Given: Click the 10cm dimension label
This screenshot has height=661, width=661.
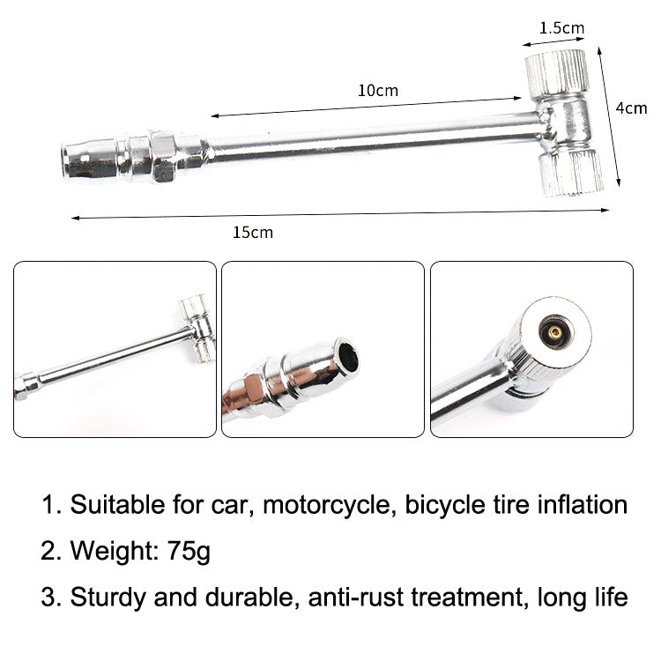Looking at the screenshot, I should click(377, 91).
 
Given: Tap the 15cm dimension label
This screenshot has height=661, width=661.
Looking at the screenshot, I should click(253, 233).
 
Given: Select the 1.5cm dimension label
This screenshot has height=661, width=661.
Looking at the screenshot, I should click(561, 28).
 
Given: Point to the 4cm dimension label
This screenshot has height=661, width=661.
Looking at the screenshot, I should click(631, 108).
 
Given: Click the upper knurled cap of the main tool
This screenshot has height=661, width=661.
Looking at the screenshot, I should click(556, 73).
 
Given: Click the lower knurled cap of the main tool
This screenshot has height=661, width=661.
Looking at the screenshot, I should click(570, 172).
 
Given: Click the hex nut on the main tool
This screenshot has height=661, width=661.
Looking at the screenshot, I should click(161, 156).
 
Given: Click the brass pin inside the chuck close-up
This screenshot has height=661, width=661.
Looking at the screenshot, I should click(554, 332).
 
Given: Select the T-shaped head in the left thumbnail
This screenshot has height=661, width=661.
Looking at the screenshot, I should click(197, 326).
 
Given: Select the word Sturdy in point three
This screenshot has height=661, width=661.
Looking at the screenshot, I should click(103, 598).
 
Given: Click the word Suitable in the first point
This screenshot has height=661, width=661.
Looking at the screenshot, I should click(113, 506).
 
